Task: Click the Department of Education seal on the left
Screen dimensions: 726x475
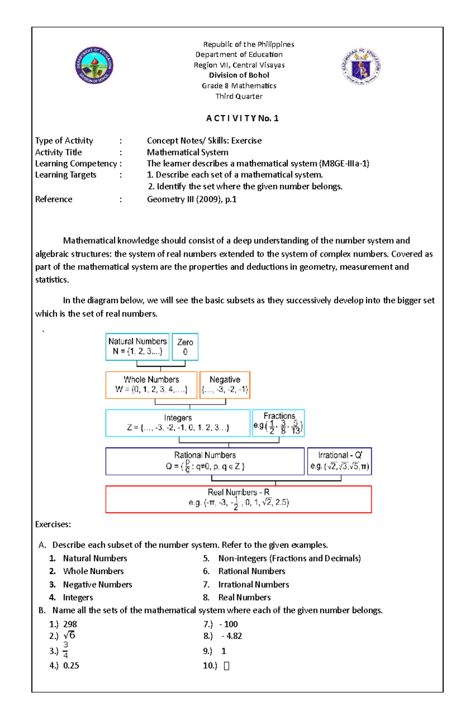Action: point(94,65)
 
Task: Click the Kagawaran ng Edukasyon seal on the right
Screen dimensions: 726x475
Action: point(361,67)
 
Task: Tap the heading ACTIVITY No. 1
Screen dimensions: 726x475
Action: point(242,118)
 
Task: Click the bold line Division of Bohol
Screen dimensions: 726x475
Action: point(239,75)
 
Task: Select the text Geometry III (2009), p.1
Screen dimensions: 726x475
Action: point(192,199)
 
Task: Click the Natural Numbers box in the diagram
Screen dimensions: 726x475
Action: point(137,347)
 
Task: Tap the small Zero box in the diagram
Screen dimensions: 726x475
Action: point(185,347)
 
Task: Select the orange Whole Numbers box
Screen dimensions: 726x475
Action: point(151,385)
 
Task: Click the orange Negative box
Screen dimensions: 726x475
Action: point(225,385)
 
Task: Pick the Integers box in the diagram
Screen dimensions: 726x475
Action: point(178,423)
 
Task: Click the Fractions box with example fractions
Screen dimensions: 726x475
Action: point(278,423)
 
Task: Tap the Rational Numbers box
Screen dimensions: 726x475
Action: point(205,461)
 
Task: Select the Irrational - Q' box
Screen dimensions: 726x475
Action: point(340,461)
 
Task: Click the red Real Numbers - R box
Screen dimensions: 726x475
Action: point(238,499)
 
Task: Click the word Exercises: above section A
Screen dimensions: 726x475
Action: point(53,525)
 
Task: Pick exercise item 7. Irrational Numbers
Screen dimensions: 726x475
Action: point(253,584)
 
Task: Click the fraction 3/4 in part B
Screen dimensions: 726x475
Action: point(65,650)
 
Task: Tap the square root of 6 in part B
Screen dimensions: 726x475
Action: point(69,636)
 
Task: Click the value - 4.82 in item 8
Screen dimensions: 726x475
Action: point(232,636)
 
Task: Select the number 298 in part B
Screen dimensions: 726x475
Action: point(70,624)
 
